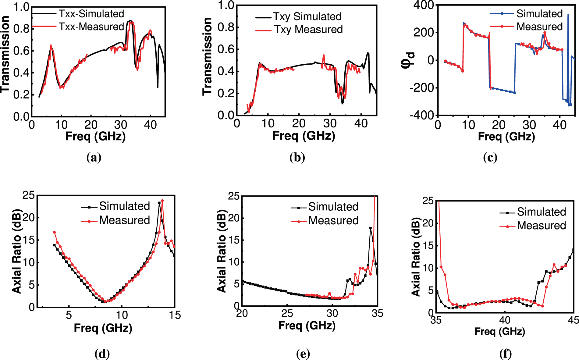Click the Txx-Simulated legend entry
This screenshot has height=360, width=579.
(91, 14)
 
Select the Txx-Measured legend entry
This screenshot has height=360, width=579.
(91, 27)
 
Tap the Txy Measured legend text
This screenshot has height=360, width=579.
(308, 30)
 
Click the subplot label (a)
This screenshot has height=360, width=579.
(94, 158)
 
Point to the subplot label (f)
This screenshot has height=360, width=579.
(506, 354)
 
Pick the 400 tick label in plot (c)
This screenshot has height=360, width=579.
(424, 5)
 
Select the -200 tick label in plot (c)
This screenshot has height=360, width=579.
(422, 88)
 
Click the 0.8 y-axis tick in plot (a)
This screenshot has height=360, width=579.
(21, 29)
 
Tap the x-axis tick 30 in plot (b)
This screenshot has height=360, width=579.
(330, 124)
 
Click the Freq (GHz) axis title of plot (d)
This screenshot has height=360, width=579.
(103, 328)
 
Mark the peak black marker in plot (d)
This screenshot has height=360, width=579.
(159, 203)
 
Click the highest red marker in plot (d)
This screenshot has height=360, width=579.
(162, 201)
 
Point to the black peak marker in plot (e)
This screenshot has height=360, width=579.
(371, 228)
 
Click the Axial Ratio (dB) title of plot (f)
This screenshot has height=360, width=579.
(416, 257)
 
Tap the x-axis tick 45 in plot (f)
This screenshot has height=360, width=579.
(573, 320)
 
